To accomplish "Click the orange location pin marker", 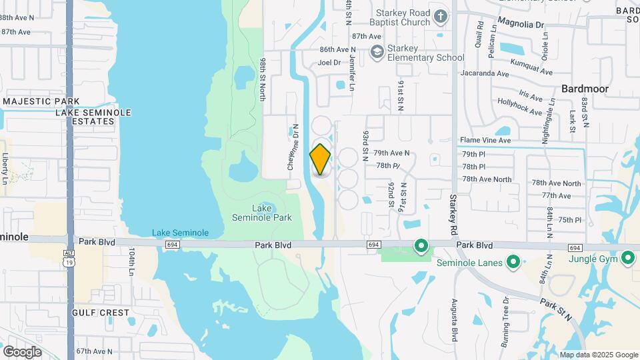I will point(320,159).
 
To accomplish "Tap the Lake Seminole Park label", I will point(261,213).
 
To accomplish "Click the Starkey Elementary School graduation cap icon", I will point(377,51).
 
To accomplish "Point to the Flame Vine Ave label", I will point(485,141).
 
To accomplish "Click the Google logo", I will point(22,351).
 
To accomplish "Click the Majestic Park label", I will point(41,101).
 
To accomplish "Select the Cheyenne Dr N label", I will point(291,150).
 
